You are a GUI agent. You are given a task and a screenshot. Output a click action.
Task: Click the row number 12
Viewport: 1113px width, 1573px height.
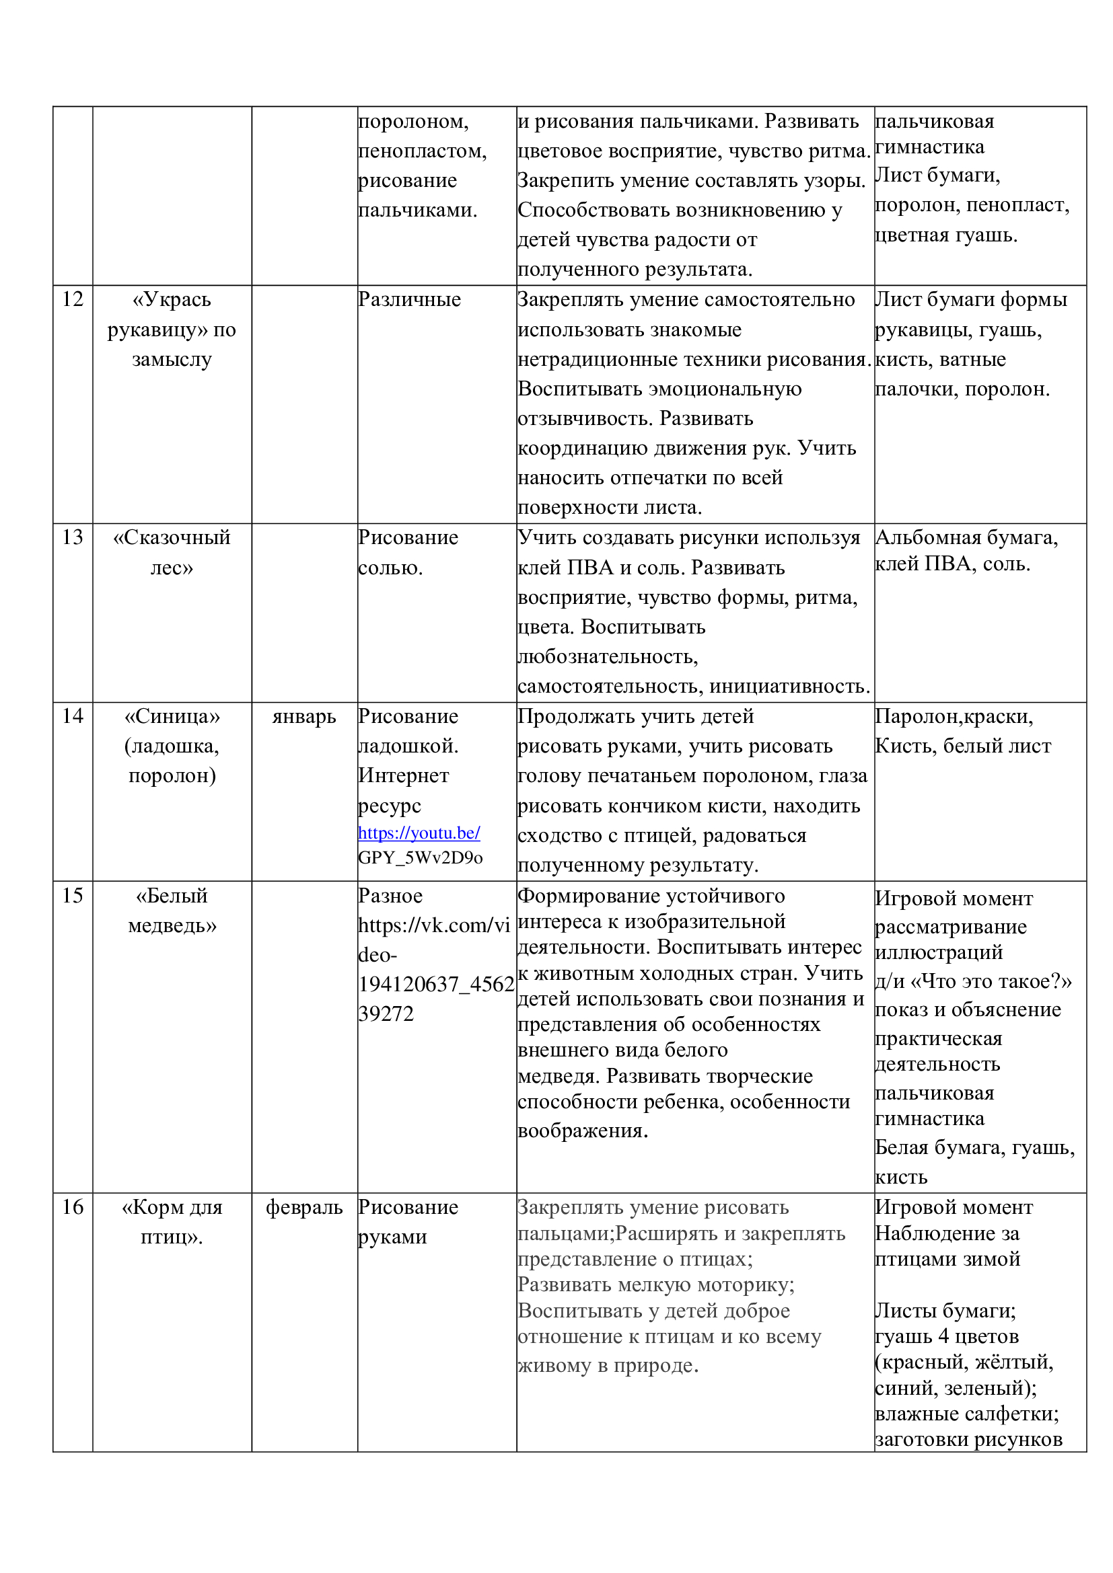(73, 299)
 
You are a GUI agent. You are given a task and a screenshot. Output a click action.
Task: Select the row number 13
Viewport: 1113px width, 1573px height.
(73, 537)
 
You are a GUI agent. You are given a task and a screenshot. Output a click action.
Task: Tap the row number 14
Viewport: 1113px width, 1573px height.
(73, 716)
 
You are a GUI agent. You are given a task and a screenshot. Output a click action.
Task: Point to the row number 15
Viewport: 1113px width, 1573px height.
(73, 895)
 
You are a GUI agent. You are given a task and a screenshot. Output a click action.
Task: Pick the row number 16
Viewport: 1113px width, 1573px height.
(73, 1206)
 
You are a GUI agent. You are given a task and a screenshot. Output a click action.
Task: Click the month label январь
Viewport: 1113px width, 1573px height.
(303, 717)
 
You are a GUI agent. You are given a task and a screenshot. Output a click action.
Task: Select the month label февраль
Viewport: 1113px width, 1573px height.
(303, 1207)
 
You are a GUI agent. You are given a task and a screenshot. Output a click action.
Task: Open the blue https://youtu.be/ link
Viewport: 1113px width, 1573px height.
(419, 833)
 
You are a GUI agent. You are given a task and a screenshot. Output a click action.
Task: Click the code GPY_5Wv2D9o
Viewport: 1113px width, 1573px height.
(420, 857)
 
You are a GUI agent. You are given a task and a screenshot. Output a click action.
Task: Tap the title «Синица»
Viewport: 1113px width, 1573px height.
(172, 717)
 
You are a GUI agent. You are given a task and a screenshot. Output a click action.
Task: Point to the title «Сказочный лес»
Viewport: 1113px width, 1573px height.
(172, 552)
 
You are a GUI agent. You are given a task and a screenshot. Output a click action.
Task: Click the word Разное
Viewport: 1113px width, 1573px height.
(390, 896)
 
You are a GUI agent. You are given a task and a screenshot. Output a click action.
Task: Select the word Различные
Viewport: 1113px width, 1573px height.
(409, 299)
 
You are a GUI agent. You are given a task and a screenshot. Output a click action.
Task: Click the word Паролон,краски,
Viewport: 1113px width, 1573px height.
(954, 717)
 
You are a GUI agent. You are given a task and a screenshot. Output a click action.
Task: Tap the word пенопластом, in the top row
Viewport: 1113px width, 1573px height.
(422, 151)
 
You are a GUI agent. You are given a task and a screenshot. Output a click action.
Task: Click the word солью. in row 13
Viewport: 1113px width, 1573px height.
(390, 568)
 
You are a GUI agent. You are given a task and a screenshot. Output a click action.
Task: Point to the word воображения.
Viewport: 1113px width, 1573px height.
(583, 1130)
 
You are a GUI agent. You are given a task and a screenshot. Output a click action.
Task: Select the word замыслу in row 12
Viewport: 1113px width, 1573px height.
(172, 360)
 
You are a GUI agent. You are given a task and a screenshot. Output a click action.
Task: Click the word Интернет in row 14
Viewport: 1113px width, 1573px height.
(403, 775)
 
